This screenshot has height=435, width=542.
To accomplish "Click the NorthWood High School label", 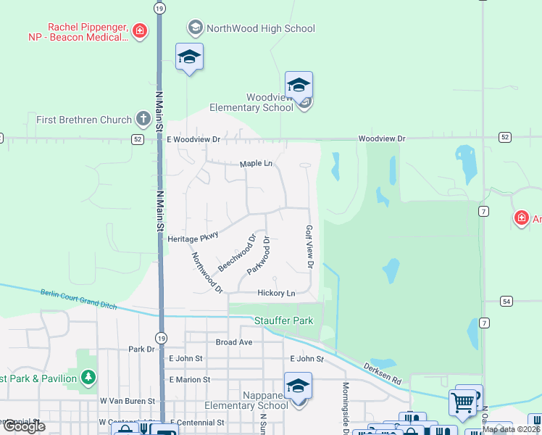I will click(x=261, y=29).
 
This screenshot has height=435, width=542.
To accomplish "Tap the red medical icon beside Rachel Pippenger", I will click(x=140, y=30).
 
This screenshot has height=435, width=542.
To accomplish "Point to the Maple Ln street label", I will click(x=257, y=164).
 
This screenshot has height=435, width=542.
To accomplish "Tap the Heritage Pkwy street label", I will click(x=193, y=239).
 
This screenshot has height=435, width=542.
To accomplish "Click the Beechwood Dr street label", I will click(x=238, y=252).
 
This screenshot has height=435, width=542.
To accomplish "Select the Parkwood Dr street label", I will click(x=259, y=255).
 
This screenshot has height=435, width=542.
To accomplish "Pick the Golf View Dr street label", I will click(x=309, y=246).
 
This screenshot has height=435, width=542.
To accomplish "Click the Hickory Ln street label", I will click(x=276, y=293).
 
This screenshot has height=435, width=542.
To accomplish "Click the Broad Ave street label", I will click(x=234, y=341).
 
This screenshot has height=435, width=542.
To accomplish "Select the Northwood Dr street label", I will click(x=207, y=273).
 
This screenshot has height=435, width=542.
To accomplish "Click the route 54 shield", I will click(x=506, y=301).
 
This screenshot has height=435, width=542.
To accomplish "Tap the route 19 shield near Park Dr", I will click(x=159, y=337).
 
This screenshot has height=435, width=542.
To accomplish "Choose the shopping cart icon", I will click(x=462, y=400).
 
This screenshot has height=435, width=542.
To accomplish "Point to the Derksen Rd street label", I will click(x=383, y=373).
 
